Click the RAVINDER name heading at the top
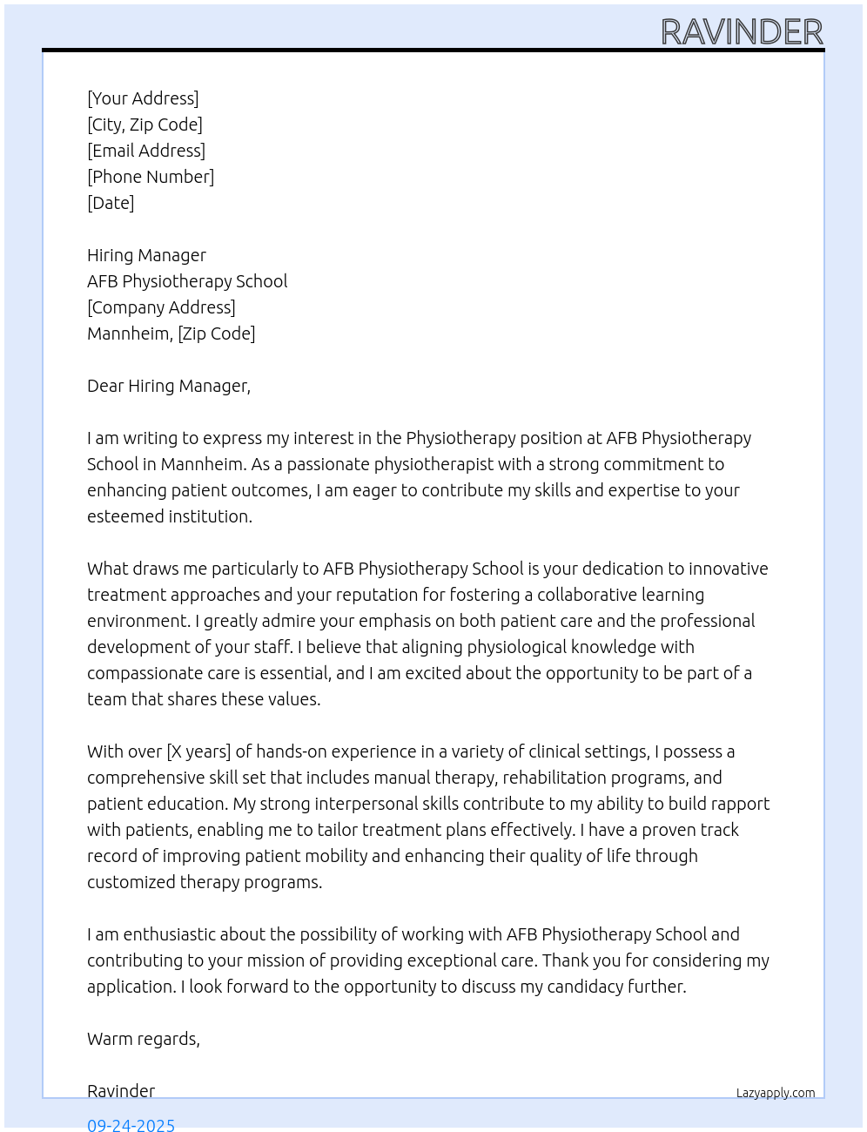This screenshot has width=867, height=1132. click(742, 32)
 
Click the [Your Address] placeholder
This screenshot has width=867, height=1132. click(143, 98)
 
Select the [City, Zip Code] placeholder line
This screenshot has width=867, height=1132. click(144, 125)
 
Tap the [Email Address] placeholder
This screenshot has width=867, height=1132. click(146, 151)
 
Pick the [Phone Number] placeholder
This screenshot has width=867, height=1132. click(151, 177)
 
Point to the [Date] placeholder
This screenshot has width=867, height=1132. click(111, 203)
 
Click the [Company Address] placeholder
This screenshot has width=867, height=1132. click(161, 307)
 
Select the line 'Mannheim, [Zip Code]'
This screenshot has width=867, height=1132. click(171, 334)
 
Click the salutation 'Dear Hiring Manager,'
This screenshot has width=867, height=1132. click(169, 386)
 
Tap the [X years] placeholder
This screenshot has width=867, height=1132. click(198, 751)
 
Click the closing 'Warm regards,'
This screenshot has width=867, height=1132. click(144, 1039)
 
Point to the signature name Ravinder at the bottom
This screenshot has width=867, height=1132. click(121, 1091)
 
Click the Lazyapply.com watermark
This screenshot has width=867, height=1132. click(776, 1093)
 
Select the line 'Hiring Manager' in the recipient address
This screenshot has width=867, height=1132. click(146, 255)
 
